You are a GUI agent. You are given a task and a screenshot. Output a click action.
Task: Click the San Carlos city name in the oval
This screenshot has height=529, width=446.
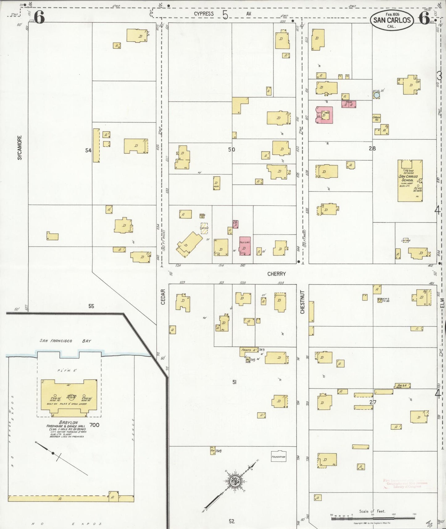392,20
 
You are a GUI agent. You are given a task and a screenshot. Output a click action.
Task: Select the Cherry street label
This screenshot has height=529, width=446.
276,274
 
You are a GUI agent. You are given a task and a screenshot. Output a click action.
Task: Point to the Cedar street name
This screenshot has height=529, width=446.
163,297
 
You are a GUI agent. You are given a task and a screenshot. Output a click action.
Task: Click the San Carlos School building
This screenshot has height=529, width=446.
410,181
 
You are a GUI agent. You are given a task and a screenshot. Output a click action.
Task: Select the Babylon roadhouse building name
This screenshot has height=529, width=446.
69,422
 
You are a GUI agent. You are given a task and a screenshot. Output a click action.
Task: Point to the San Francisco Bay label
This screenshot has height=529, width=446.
65,341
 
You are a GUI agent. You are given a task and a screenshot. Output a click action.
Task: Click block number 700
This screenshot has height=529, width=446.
94,425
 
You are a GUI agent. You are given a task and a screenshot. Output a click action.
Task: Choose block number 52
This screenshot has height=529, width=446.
231,521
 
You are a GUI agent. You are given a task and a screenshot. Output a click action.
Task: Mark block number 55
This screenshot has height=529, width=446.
91,306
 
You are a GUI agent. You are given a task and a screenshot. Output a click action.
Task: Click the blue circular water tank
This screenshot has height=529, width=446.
377,95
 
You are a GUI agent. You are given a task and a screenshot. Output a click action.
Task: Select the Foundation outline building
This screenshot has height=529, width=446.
278,457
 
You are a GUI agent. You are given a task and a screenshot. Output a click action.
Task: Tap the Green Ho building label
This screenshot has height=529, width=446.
376,118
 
